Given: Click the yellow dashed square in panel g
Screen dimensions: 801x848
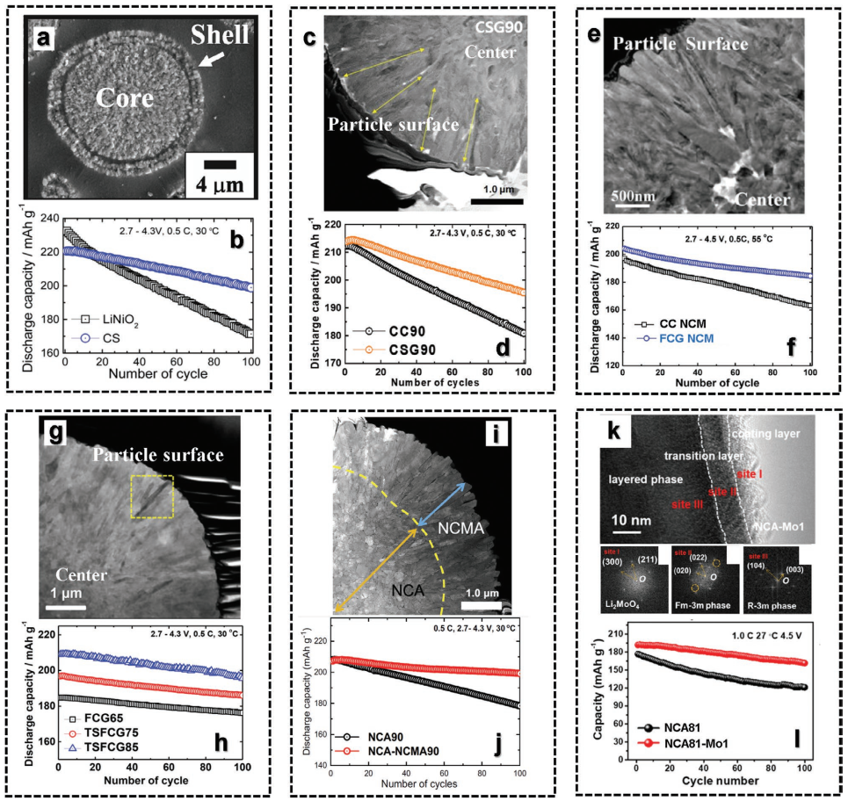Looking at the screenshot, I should (x=153, y=496).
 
